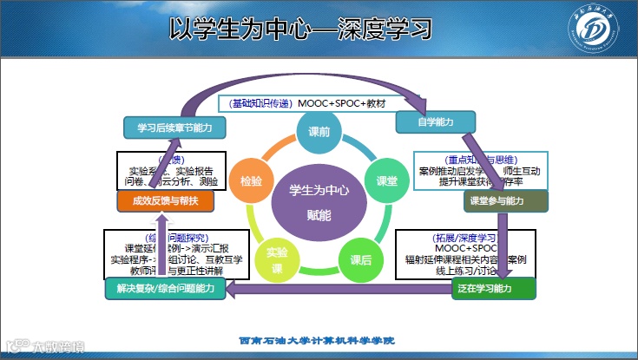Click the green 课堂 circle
click(x=386, y=181)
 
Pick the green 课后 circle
click(x=361, y=259)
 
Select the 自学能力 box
click(x=435, y=122)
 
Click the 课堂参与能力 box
click(x=507, y=200)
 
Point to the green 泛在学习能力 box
click(x=494, y=287)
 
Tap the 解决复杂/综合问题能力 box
click(x=163, y=287)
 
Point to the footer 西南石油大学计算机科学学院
click(x=317, y=340)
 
